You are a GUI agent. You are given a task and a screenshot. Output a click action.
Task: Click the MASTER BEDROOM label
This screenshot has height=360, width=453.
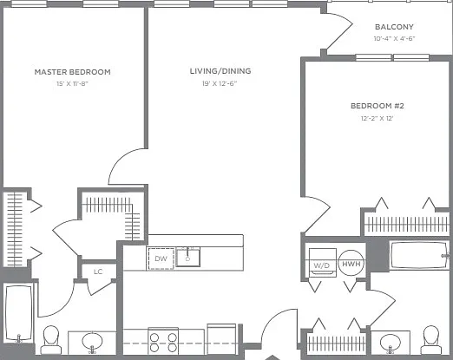pos(72,72)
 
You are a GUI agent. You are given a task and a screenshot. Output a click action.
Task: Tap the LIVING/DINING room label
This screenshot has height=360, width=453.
pos(220,71)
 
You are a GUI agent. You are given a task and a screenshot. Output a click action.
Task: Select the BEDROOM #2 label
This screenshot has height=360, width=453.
pos(377,106)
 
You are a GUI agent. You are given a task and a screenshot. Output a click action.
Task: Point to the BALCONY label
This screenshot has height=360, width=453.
pos(394,27)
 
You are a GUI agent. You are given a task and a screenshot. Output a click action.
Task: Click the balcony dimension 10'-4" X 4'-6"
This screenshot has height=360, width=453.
pos(394,38)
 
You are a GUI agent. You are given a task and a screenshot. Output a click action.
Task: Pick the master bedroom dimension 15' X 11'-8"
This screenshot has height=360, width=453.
pos(72,84)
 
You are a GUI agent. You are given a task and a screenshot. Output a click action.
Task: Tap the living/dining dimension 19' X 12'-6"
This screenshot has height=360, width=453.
pos(220,83)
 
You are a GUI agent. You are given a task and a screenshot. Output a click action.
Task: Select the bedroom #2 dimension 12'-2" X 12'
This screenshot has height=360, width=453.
pos(377,118)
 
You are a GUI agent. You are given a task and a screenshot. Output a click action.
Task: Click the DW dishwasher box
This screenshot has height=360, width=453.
pos(161,259)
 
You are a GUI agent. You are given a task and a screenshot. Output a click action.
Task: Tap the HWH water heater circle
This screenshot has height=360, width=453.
pos(351,263)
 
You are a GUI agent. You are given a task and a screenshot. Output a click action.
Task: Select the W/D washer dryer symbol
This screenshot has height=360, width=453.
pos(323,263)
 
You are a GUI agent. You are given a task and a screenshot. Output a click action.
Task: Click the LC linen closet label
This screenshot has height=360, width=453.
pos(98,272)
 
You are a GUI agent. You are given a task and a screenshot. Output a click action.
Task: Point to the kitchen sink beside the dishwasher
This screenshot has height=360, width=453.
pos(188,257)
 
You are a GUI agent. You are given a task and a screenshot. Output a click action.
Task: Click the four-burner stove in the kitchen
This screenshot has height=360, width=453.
pos(163,341)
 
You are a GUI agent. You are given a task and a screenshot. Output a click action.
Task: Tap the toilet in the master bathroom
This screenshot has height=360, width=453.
pos(51,340)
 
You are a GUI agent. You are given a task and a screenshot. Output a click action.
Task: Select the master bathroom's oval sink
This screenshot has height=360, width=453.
pos(92,342)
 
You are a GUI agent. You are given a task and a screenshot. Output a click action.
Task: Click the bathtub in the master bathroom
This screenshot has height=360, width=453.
pos(19,313)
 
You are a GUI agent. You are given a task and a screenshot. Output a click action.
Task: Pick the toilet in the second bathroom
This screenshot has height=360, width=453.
pos(431,340)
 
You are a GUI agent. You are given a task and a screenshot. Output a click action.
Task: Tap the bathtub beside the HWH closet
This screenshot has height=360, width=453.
pos(419,256)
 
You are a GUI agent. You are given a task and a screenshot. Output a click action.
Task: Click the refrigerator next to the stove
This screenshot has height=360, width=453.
pos(221,339)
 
